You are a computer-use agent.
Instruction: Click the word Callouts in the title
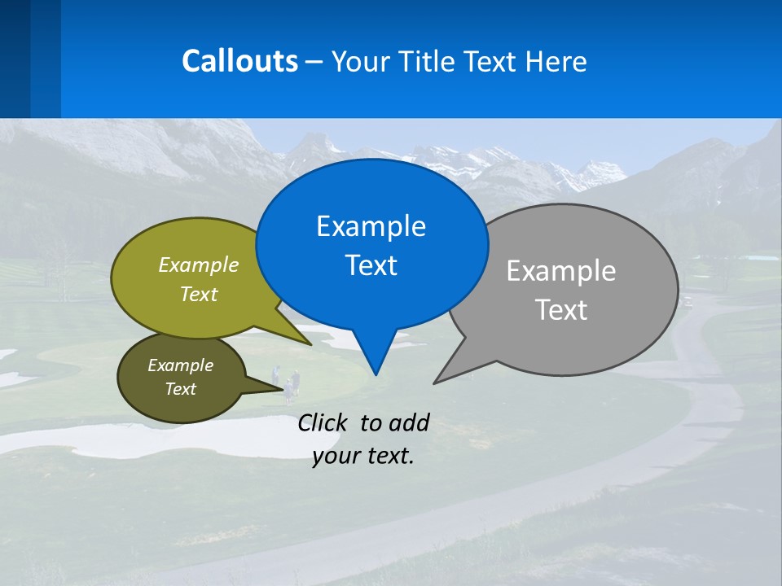239,61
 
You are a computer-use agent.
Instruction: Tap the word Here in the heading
556,61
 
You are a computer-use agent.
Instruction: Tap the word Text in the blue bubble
371,265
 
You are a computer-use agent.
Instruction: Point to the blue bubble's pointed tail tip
375,374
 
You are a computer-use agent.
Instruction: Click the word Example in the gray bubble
561,270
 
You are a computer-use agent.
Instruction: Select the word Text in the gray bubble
561,309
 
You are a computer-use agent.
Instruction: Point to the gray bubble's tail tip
436,382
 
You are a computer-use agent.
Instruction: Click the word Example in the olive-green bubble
199,265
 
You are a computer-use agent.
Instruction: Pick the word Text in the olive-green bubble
199,294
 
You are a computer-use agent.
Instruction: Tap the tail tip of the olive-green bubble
310,344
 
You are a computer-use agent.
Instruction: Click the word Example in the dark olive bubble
180,365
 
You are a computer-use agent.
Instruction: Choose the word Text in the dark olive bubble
180,389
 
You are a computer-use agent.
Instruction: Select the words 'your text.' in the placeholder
363,456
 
